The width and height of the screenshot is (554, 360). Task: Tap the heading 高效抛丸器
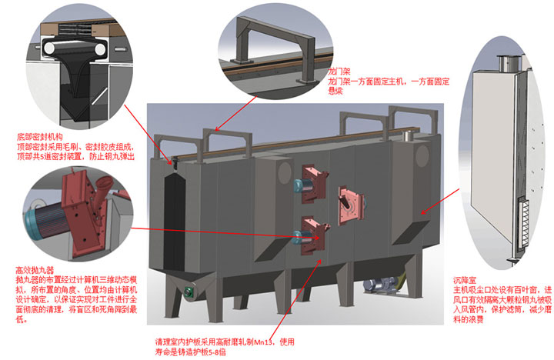tap(32, 271)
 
